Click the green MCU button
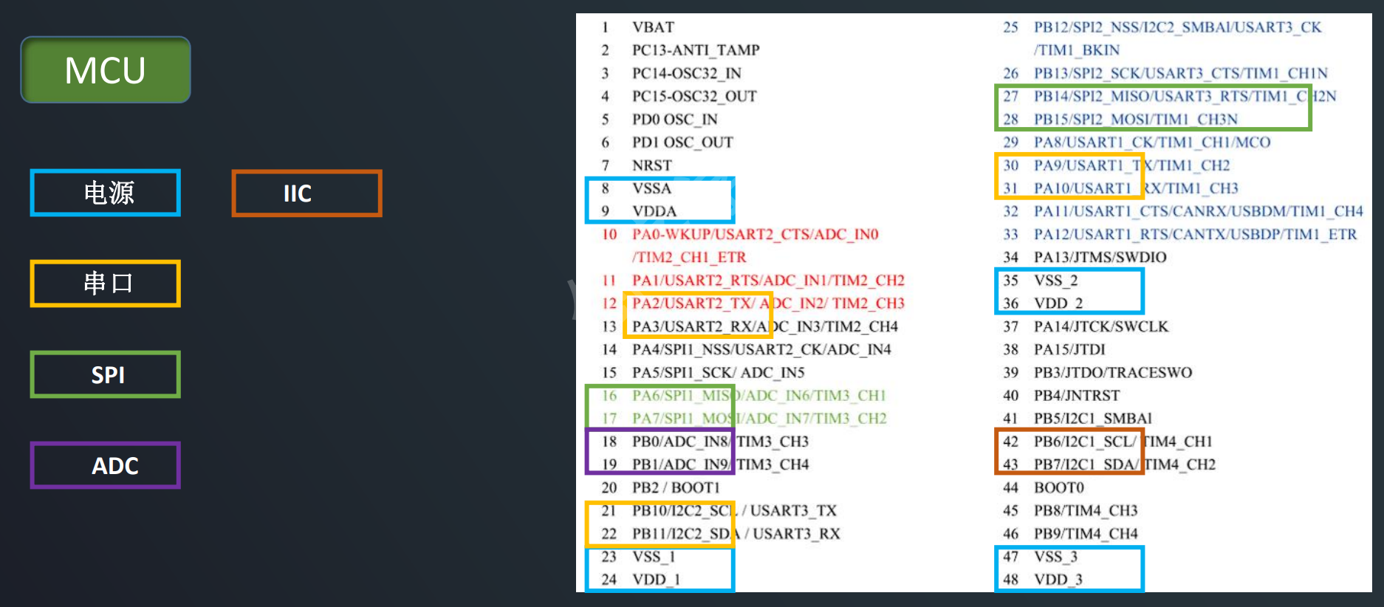point(106,70)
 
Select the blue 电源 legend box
point(106,193)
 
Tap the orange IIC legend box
point(306,193)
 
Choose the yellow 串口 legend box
point(106,284)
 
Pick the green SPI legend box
point(106,374)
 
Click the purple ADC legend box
point(106,465)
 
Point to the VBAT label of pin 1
point(653,27)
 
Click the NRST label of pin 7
point(651,165)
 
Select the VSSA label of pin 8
point(651,188)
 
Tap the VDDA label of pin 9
point(654,211)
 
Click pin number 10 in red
point(609,234)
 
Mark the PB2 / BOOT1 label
point(675,487)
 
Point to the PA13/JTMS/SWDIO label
point(1100,257)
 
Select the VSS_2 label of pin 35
point(1055,281)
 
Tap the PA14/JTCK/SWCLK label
point(1100,326)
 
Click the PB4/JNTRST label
point(1076,396)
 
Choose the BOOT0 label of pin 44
point(1058,487)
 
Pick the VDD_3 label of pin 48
point(1058,580)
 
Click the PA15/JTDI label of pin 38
point(1069,349)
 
